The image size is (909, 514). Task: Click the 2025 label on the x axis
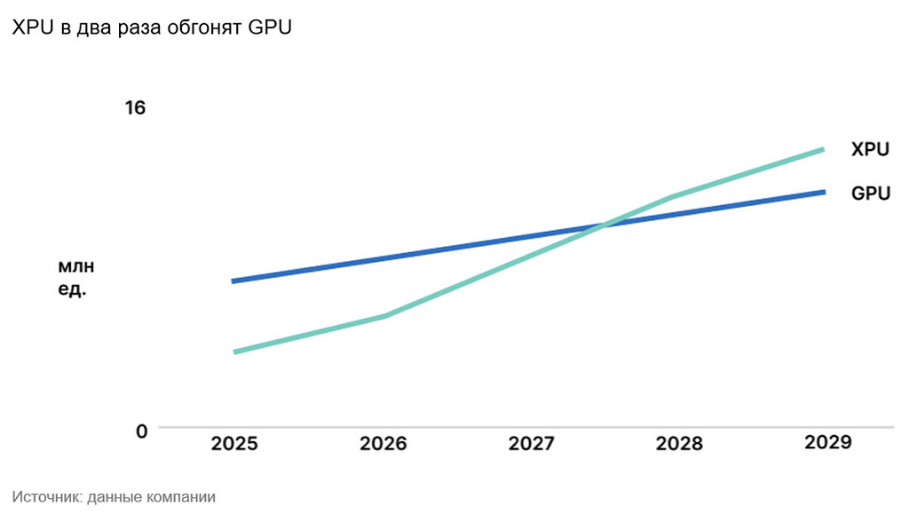234,443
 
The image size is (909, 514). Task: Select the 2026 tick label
383,443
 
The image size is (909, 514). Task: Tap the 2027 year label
532,443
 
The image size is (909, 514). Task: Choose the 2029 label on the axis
826,442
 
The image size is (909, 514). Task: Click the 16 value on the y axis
135,108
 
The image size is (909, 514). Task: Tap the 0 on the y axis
140,431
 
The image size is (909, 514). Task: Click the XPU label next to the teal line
870,150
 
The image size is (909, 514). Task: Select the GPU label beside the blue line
870,193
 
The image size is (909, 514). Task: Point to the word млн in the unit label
75,266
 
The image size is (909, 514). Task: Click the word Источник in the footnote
44,497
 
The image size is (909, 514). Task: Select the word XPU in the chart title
34,28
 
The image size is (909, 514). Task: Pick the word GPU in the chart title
270,28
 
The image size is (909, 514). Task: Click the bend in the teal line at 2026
385,315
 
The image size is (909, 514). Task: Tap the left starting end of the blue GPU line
233,281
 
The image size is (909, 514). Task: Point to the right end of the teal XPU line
823,149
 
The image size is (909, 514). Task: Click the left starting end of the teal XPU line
235,352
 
